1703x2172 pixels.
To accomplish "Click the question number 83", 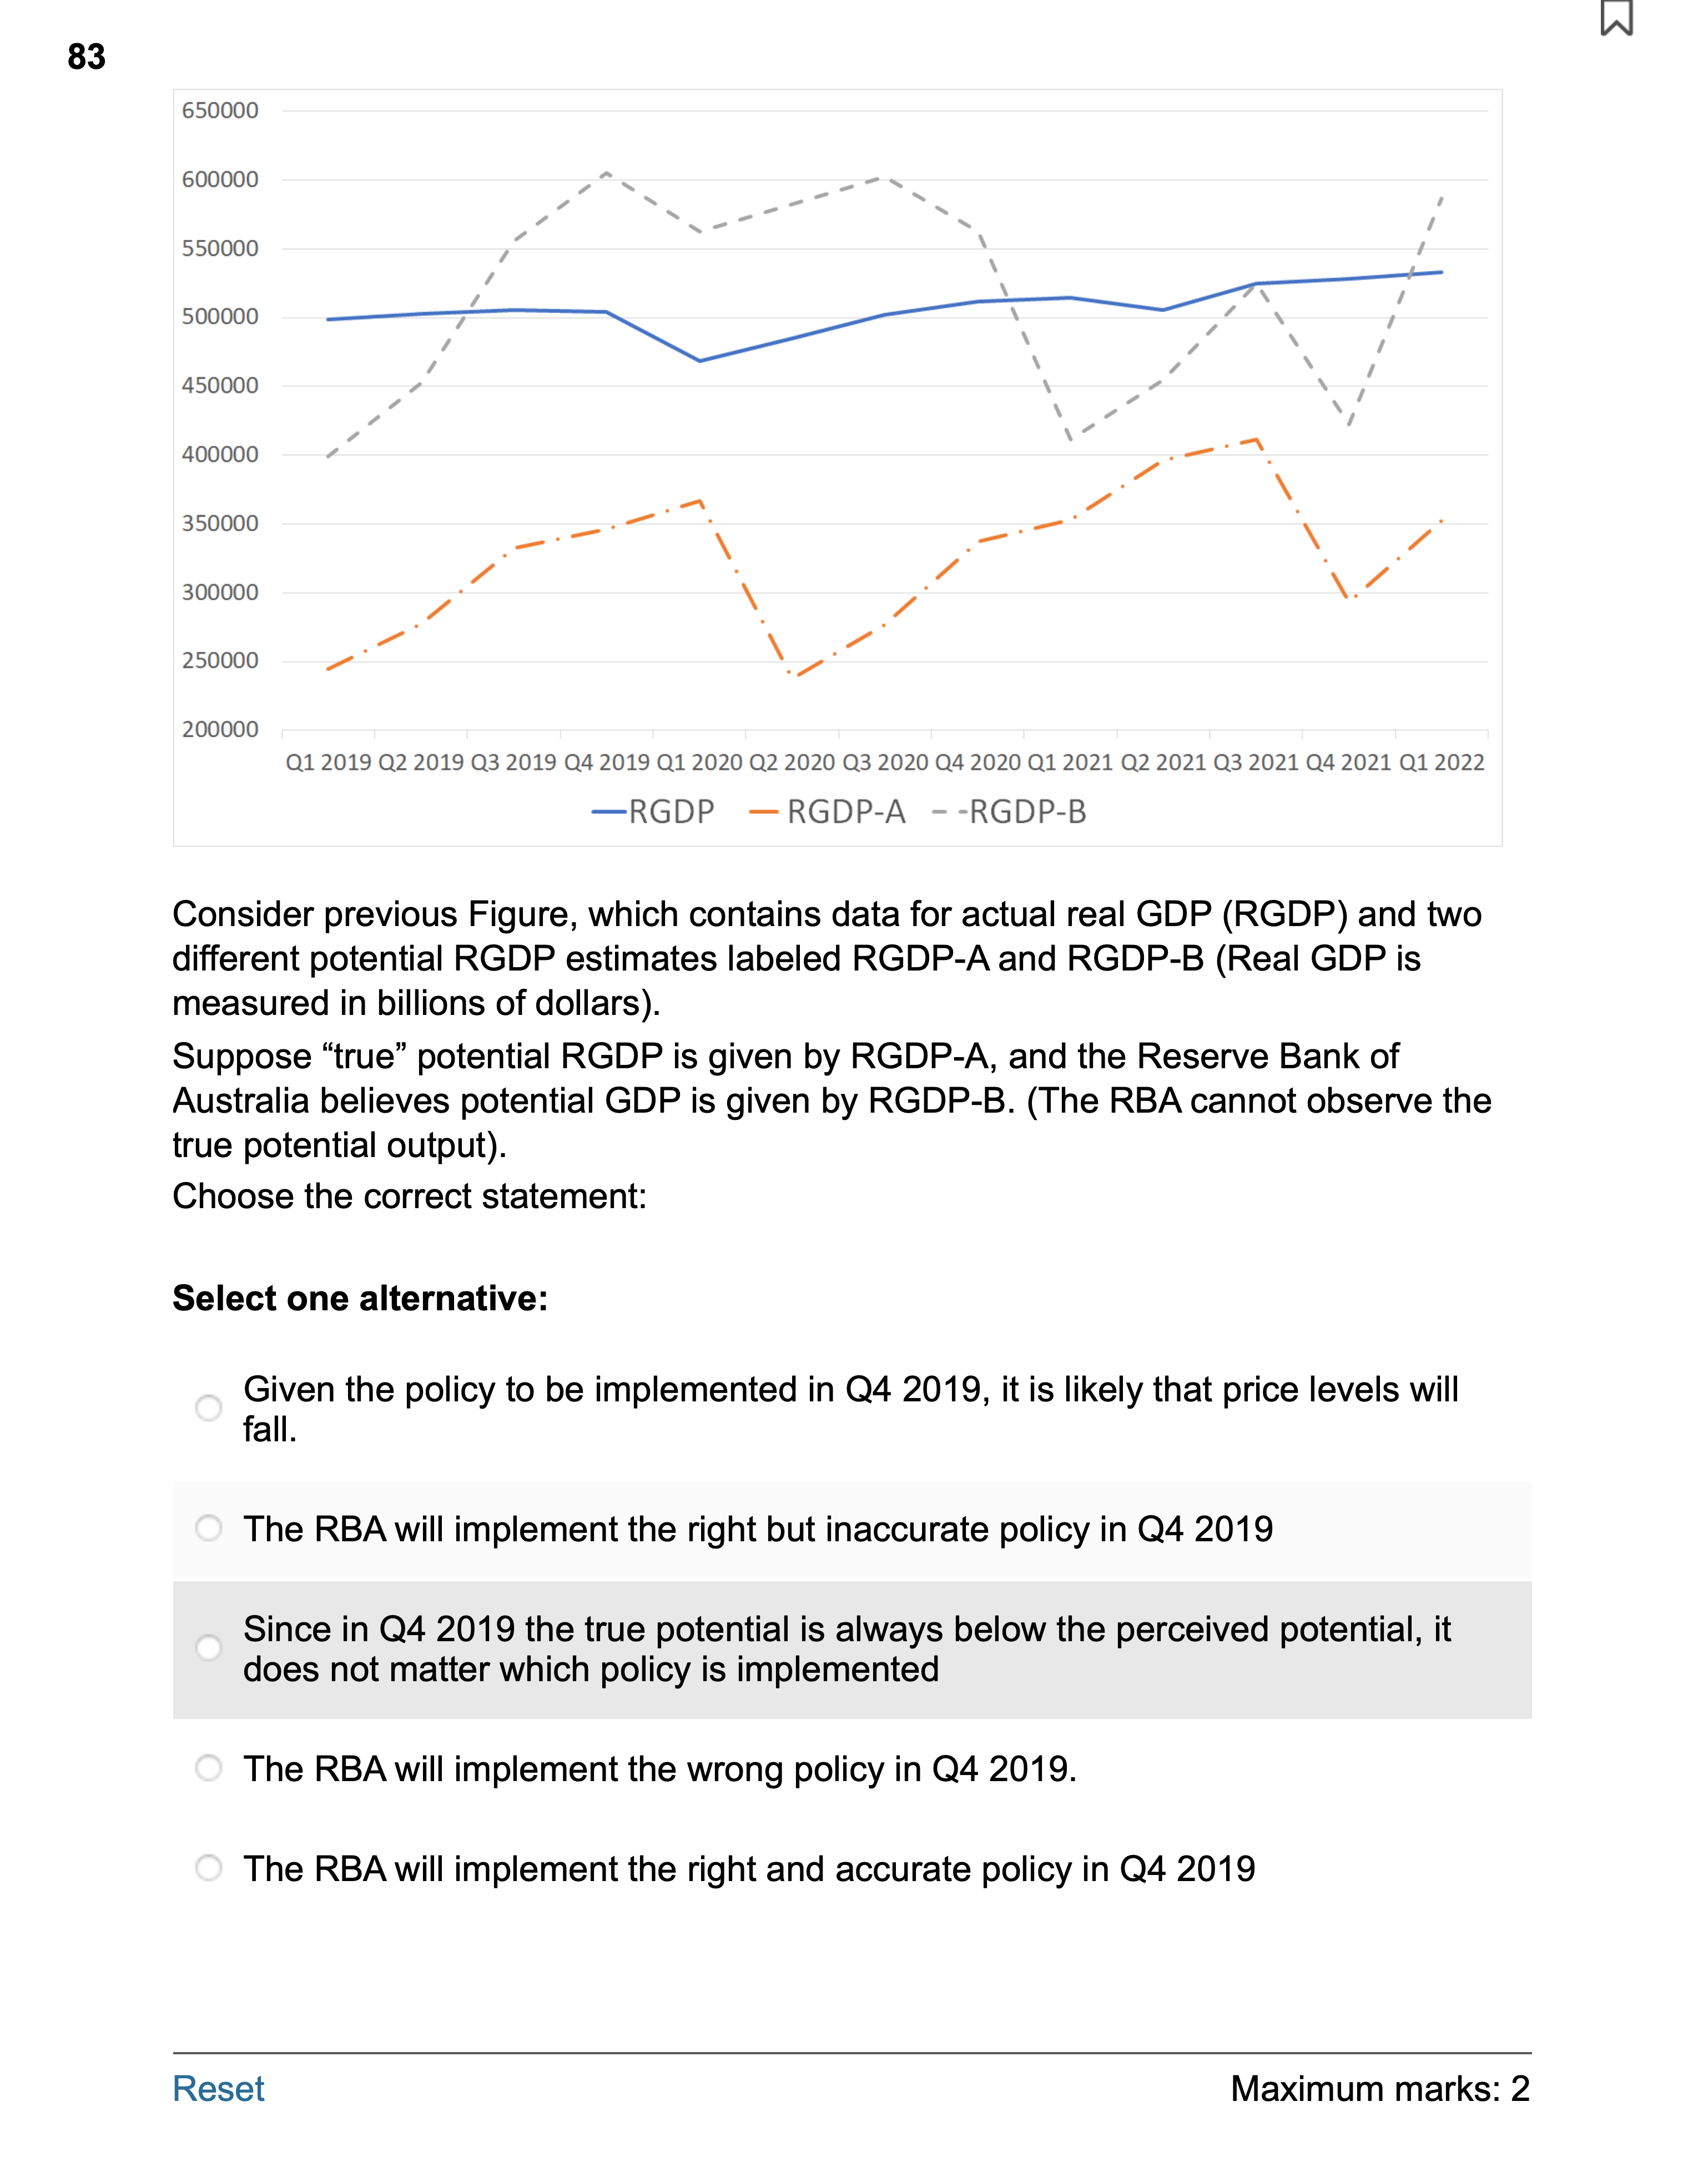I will (87, 57).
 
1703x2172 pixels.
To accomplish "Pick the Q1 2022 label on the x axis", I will (1441, 763).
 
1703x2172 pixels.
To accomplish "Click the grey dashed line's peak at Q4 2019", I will (606, 174).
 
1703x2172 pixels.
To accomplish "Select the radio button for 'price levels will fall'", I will (208, 1408).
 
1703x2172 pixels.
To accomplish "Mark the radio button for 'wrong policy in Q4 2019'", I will (208, 1768).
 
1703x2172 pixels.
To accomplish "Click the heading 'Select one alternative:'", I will (360, 1299).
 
